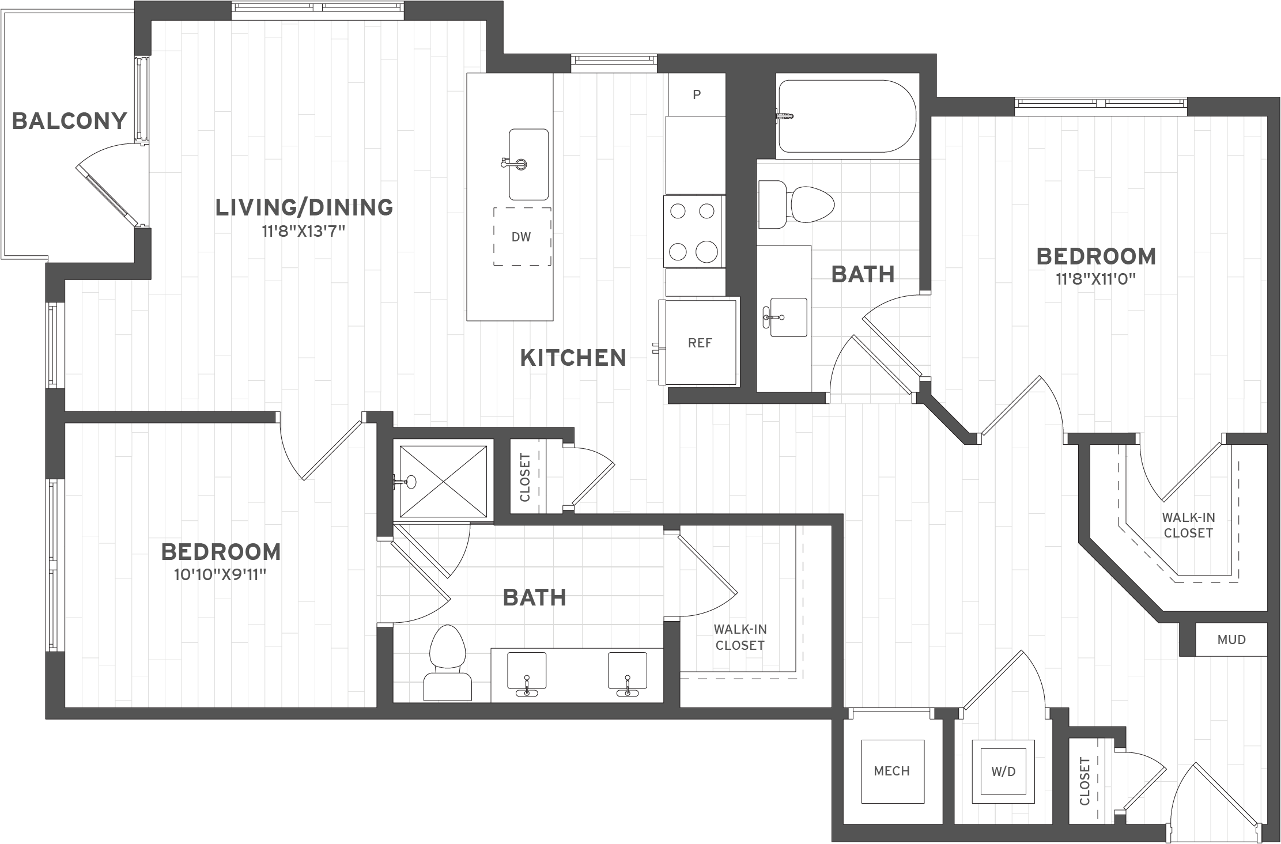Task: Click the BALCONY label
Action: (69, 122)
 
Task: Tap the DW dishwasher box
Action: (522, 237)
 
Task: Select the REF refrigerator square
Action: (700, 343)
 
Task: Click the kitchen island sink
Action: (528, 164)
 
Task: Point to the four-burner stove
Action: (693, 232)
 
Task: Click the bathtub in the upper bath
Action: (846, 116)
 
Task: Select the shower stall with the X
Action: (443, 482)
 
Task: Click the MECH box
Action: (892, 771)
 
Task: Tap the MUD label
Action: (1231, 639)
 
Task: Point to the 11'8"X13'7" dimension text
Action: (303, 232)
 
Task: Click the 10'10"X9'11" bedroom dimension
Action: (220, 575)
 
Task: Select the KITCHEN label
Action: (573, 358)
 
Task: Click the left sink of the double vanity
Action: (526, 672)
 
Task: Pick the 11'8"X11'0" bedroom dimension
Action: (1095, 279)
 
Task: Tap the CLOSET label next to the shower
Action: (525, 477)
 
